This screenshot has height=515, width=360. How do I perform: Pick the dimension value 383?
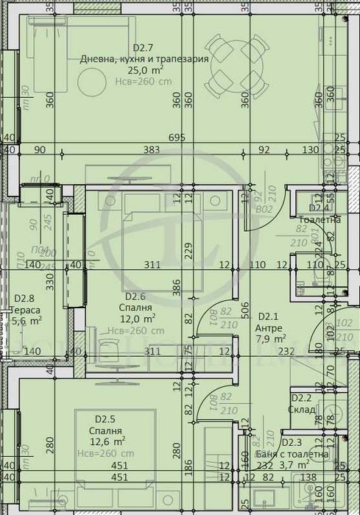152,150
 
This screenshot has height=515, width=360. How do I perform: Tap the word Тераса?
26,310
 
